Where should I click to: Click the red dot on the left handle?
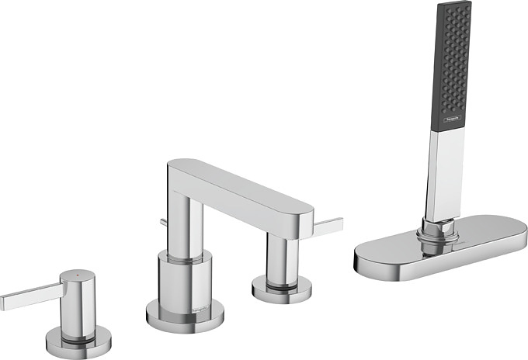75,275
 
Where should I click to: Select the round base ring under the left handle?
78,337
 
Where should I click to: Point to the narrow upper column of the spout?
186,225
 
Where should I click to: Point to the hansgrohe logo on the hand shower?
452,119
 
